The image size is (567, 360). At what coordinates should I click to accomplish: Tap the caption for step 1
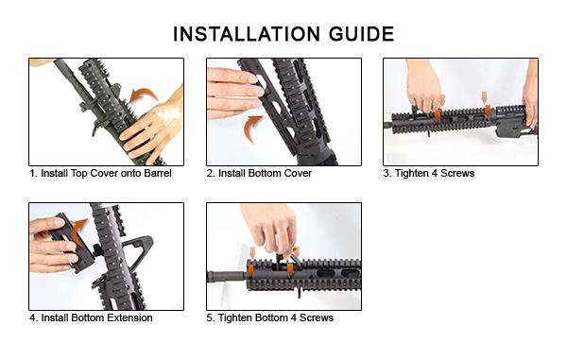click(100, 174)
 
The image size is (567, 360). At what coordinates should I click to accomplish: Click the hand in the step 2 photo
click(231, 92)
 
